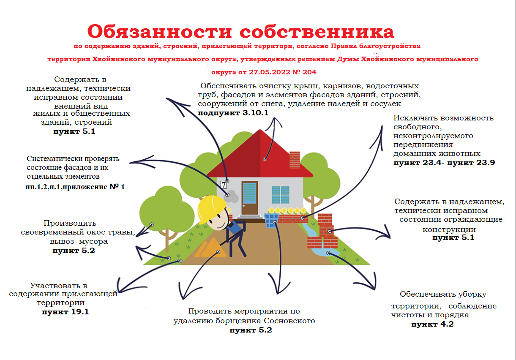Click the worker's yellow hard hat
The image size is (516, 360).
coord(211,208)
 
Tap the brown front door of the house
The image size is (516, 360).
coord(249,198)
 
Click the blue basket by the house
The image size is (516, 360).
coord(271,221)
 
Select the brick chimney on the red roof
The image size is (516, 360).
coord(295,160)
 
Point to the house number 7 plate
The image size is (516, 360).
coord(224,185)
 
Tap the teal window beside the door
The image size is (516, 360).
coord(281,195)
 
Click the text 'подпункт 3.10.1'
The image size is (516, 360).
coord(233,113)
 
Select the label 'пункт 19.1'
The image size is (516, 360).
coord(66,312)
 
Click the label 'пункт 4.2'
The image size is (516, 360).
coord(432,324)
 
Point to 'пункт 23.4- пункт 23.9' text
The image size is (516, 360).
coord(444,163)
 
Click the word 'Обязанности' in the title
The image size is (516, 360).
coord(159,32)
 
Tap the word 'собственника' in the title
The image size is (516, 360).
coord(317,32)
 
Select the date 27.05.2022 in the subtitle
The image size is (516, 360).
coord(270,72)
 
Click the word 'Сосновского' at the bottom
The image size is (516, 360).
coord(289,321)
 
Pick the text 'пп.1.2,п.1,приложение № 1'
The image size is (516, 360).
coord(75,187)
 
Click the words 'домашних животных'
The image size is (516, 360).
coord(437,153)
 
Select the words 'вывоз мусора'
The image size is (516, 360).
coord(79,241)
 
